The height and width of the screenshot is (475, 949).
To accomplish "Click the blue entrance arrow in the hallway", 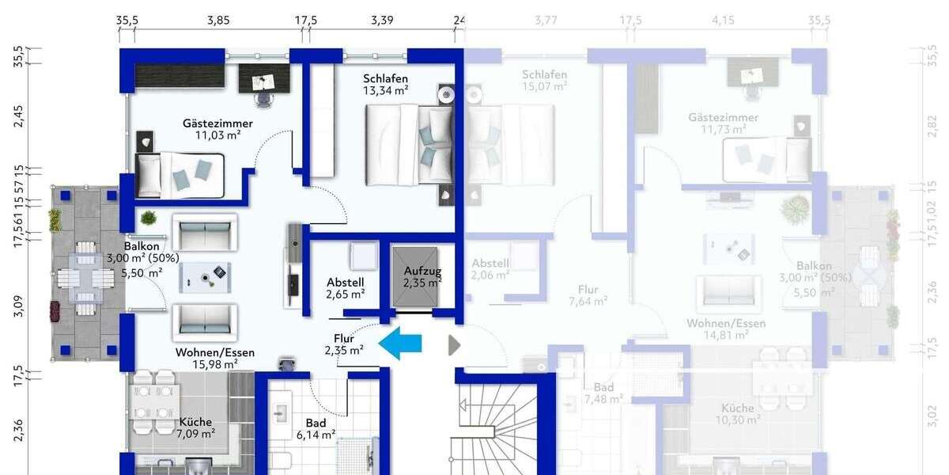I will click(401, 344).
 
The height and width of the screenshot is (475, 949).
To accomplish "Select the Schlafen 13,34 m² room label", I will click(386, 84).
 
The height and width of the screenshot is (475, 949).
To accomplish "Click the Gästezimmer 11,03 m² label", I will click(217, 129).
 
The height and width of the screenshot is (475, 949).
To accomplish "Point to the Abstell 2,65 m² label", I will click(346, 287).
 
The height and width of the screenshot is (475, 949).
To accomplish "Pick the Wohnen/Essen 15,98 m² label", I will click(215, 358).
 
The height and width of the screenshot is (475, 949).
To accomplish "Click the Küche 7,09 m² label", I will click(196, 427).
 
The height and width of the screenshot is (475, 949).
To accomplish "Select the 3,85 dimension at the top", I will click(218, 21).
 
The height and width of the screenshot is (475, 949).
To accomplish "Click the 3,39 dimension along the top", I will click(382, 21).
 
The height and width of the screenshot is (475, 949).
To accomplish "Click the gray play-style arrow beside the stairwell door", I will click(454, 344).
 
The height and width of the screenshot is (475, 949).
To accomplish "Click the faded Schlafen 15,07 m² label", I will click(544, 81).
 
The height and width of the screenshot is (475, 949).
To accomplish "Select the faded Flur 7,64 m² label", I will click(588, 294).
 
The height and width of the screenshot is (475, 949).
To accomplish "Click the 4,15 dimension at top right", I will click(724, 21).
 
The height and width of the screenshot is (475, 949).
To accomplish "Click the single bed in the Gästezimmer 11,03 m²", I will click(180, 173).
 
